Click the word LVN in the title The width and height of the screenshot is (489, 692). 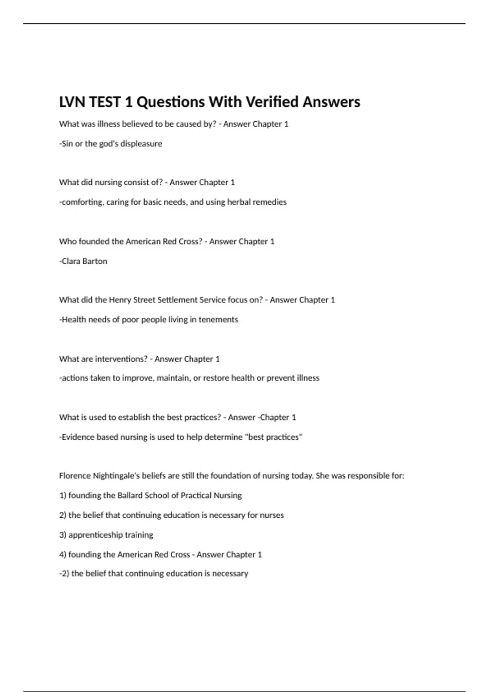pos(72,102)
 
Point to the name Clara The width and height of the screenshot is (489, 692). pos(71,261)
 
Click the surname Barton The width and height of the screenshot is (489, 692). pos(95,261)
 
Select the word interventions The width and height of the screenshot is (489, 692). pos(121,359)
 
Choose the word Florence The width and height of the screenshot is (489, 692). pos(75,476)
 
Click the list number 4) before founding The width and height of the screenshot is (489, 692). pos(63,554)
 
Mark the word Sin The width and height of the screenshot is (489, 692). pos(67,144)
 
